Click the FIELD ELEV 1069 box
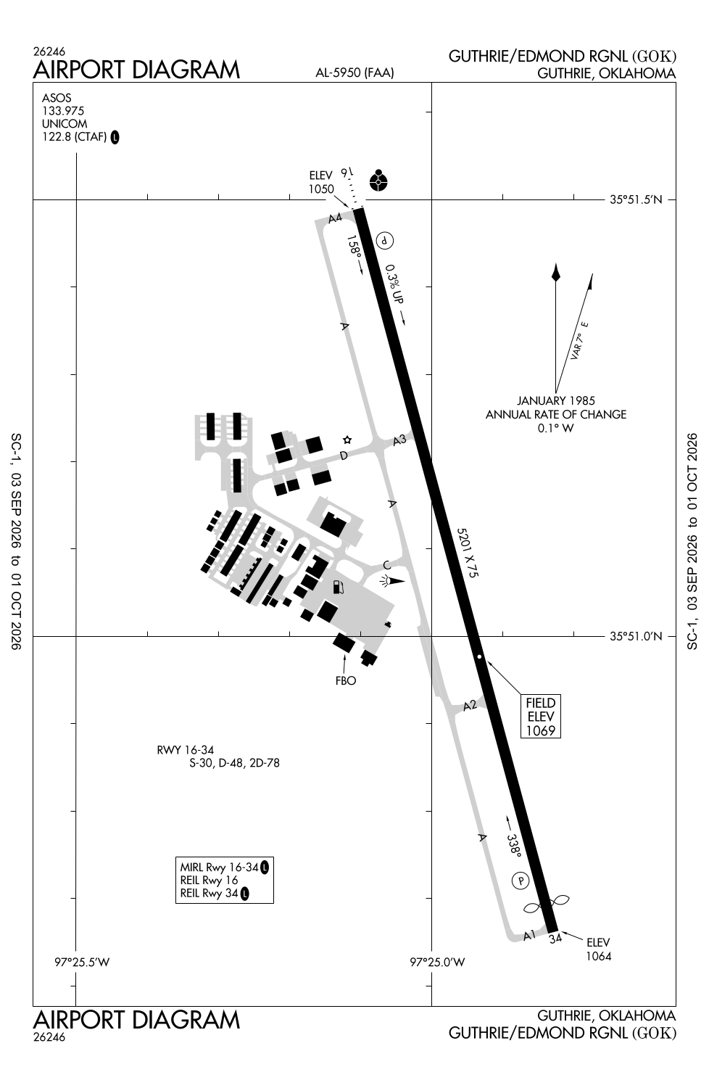pyautogui.click(x=541, y=717)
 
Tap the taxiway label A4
pyautogui.click(x=335, y=218)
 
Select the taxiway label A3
pyautogui.click(x=399, y=440)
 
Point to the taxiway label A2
pyautogui.click(x=470, y=706)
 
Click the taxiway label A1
pyautogui.click(x=529, y=935)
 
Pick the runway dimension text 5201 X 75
pyautogui.click(x=467, y=553)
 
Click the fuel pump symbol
pyautogui.click(x=339, y=587)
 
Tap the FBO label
pyautogui.click(x=346, y=680)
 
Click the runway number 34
pyautogui.click(x=555, y=939)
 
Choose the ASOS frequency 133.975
pyautogui.click(x=63, y=111)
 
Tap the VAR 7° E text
pyautogui.click(x=580, y=340)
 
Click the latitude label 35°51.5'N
pyautogui.click(x=636, y=199)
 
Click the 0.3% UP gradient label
pyautogui.click(x=394, y=284)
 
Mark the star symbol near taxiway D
pyautogui.click(x=347, y=440)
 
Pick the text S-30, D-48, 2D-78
pyautogui.click(x=235, y=763)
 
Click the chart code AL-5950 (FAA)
pyautogui.click(x=355, y=73)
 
